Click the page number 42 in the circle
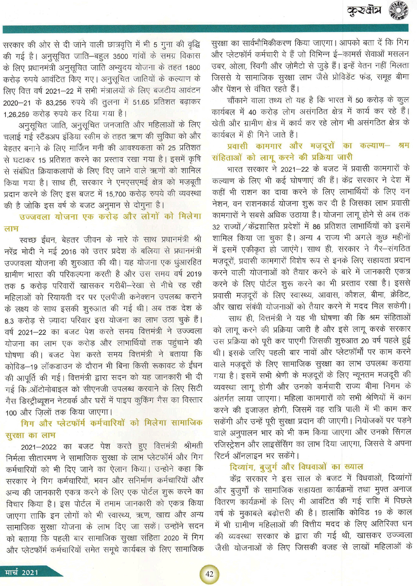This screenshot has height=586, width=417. pyautogui.click(x=209, y=574)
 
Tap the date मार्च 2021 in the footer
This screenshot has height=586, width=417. pyautogui.click(x=22, y=572)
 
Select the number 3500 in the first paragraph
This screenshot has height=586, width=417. pyautogui.click(x=121, y=56)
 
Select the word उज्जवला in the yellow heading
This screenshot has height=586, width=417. pyautogui.click(x=35, y=217)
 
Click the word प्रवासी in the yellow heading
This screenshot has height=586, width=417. pyautogui.click(x=237, y=146)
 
